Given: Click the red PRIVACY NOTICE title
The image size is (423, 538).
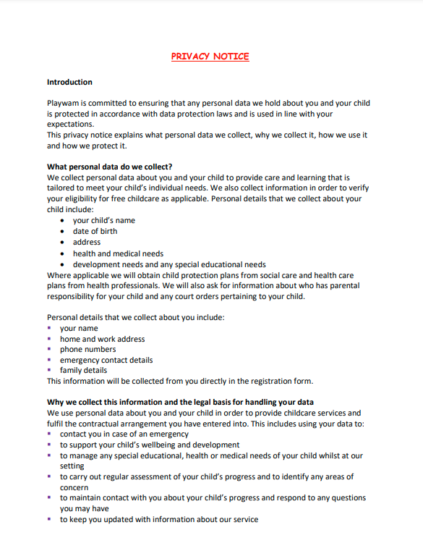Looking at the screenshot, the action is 210,56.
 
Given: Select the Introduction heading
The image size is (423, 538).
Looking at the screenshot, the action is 69,82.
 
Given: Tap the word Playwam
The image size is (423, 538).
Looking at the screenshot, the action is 64,103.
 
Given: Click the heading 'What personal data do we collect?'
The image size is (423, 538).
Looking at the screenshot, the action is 110,167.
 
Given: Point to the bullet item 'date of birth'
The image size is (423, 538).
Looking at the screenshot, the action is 95,231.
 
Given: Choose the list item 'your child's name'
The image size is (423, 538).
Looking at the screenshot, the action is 103,220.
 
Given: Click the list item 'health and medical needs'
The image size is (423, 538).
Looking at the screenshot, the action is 118,253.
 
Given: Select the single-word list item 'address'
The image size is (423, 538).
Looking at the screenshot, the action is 87,242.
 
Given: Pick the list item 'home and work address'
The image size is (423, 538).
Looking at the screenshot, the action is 102,339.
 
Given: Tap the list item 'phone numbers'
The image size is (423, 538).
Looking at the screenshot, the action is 87,349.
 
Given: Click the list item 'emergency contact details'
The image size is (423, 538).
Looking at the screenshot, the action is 106,360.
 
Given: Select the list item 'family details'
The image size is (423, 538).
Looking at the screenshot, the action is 83,370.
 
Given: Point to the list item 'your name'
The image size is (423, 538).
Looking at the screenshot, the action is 79,328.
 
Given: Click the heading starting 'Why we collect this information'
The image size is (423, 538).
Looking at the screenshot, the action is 180,402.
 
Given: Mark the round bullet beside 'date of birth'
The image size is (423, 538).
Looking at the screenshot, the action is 63,232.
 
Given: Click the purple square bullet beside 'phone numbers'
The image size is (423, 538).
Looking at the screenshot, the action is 50,349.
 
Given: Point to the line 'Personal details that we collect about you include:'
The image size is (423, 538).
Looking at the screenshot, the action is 136,317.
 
